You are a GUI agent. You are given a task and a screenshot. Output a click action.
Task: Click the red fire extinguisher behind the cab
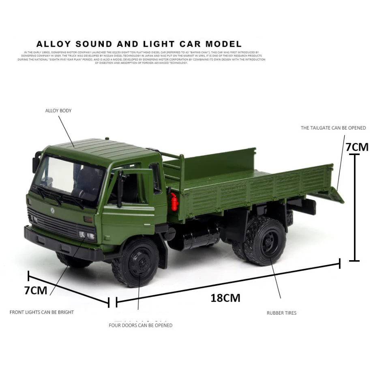[174, 201]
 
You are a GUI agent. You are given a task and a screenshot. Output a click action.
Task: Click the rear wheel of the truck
[264, 241]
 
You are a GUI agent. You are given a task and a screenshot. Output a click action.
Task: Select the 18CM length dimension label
[225, 298]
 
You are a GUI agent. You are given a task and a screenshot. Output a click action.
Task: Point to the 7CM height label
[357, 147]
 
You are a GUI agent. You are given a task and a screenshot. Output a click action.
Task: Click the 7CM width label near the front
[36, 290]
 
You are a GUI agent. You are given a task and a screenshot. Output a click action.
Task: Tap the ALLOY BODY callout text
[58, 110]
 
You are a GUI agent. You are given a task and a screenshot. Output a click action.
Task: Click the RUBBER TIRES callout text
[281, 313]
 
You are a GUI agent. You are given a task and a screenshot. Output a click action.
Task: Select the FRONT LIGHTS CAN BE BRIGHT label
[42, 312]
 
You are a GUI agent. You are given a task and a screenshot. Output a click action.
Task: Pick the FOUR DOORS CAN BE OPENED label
[140, 325]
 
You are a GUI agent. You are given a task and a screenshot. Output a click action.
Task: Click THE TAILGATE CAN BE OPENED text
[333, 128]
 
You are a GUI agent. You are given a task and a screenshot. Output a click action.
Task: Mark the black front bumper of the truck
[61, 244]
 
